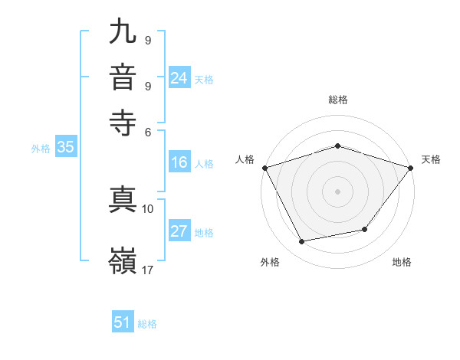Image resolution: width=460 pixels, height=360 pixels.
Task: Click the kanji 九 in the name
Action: [x=123, y=34]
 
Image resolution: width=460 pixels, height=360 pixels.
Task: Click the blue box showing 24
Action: [x=179, y=77]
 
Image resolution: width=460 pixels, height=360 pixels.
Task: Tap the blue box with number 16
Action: [x=179, y=162]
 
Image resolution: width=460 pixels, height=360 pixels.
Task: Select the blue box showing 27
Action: [x=179, y=231]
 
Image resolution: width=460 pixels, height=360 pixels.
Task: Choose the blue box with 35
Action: [x=65, y=148]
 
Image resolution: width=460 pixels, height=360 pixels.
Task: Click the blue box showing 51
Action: [x=123, y=322]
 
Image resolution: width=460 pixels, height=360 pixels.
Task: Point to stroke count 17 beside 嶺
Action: [x=148, y=270]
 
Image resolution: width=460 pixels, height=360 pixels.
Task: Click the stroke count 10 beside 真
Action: [x=148, y=208]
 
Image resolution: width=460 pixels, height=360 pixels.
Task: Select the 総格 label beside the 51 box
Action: [x=147, y=324]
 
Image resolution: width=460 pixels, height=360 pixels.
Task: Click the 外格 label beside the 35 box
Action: [x=41, y=149]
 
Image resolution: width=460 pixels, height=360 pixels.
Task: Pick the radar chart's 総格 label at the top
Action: [x=337, y=100]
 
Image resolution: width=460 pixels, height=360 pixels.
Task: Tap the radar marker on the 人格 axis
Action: [x=264, y=167]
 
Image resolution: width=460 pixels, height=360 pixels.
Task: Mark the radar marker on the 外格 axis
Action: [x=302, y=242]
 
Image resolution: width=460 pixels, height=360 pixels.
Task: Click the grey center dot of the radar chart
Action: [x=337, y=191]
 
